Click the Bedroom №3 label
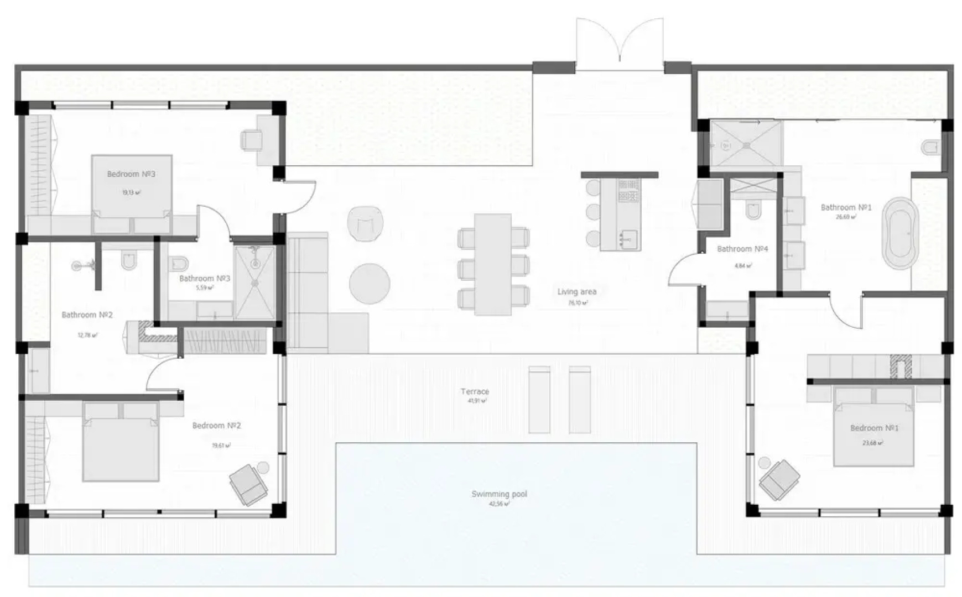131,174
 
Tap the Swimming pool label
499,494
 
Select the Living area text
576,292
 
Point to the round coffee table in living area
370,283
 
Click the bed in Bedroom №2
121,448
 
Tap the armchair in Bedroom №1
779,479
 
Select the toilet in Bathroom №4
753,211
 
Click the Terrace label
475,392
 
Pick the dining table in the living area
492,264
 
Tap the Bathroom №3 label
205,279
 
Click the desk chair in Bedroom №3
252,139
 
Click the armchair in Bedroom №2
248,484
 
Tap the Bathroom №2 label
87,315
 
